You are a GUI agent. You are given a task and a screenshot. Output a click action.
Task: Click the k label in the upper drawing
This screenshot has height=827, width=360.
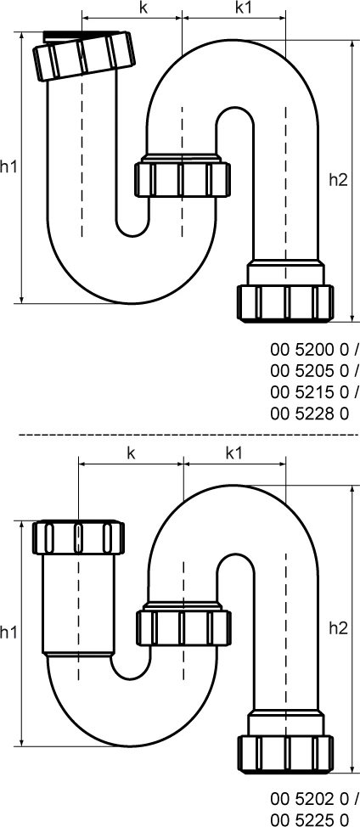pyautogui.click(x=132, y=8)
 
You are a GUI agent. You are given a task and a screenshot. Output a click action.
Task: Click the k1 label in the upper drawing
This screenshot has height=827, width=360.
pyautogui.click(x=233, y=8)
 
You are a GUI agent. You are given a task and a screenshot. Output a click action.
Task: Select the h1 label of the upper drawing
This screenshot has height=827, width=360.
pyautogui.click(x=9, y=167)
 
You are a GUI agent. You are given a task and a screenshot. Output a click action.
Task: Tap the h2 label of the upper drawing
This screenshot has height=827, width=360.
pyautogui.click(x=338, y=179)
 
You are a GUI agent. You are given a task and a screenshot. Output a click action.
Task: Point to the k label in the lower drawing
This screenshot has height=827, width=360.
pyautogui.click(x=132, y=453)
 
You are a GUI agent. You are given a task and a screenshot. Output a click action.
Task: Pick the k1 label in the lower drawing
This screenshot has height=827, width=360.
pyautogui.click(x=234, y=453)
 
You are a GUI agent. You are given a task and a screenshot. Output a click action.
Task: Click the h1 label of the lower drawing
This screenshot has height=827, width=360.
pyautogui.click(x=9, y=633)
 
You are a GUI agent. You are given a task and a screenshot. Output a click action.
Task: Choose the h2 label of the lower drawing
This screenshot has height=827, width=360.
pyautogui.click(x=338, y=627)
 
